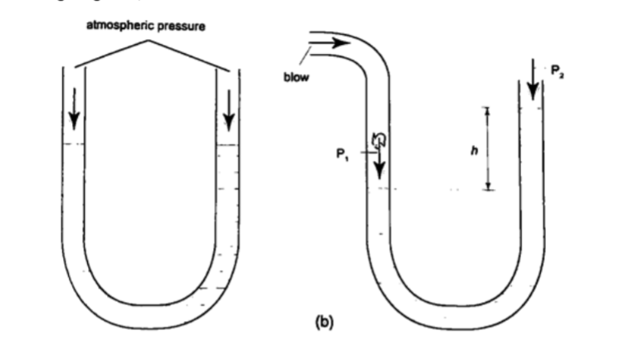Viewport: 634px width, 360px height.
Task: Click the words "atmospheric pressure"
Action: [x=146, y=27]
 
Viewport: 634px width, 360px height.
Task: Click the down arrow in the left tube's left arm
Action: [x=75, y=109]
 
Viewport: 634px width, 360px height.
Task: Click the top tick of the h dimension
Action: [x=489, y=108]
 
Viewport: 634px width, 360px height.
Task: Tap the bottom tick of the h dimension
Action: [x=489, y=189]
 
